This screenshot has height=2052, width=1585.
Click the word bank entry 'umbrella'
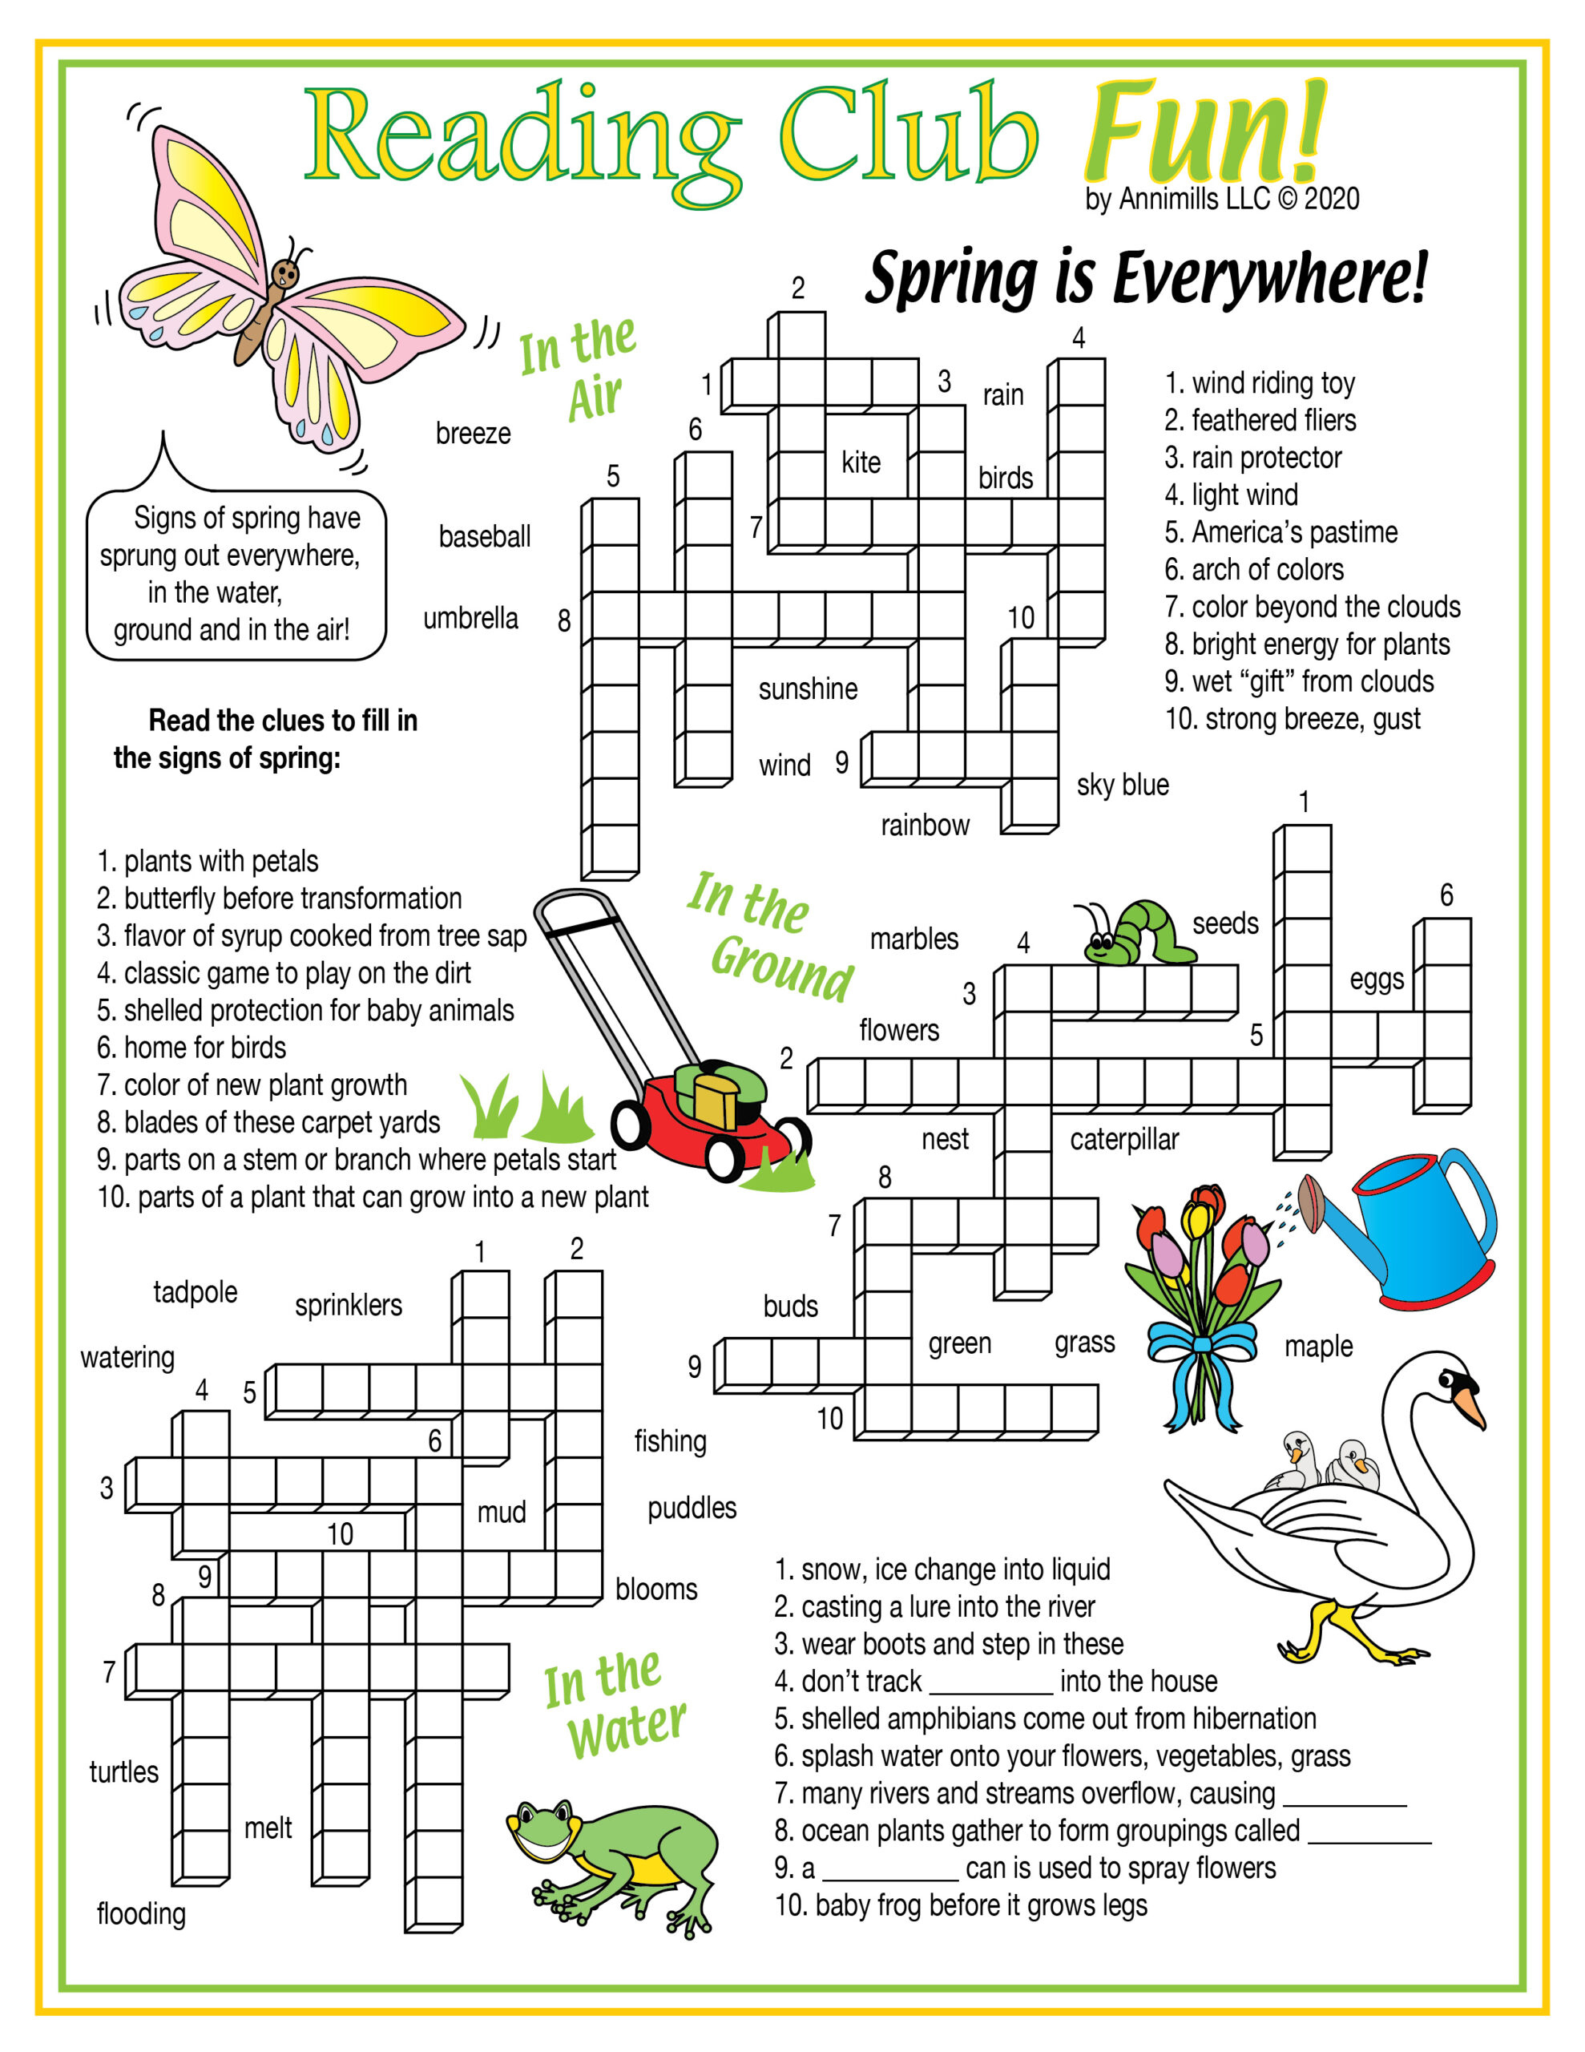coord(470,618)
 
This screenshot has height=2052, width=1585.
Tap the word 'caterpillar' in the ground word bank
coord(1123,1140)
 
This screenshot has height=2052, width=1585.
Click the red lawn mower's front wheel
coord(725,1153)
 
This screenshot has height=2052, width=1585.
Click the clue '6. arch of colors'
coord(1253,569)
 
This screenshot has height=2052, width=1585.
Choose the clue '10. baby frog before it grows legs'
coord(960,1905)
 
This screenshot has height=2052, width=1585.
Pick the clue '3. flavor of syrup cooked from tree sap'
coord(311,935)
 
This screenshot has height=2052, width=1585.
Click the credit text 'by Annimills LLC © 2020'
coord(1221,199)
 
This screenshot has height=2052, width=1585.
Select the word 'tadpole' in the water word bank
coord(196,1292)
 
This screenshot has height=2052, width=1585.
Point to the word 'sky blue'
coord(1123,785)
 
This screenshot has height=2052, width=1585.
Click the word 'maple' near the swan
coord(1318,1347)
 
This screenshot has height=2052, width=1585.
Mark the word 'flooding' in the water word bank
coord(141,1913)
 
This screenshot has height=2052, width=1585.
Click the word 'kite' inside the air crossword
coord(861,463)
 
